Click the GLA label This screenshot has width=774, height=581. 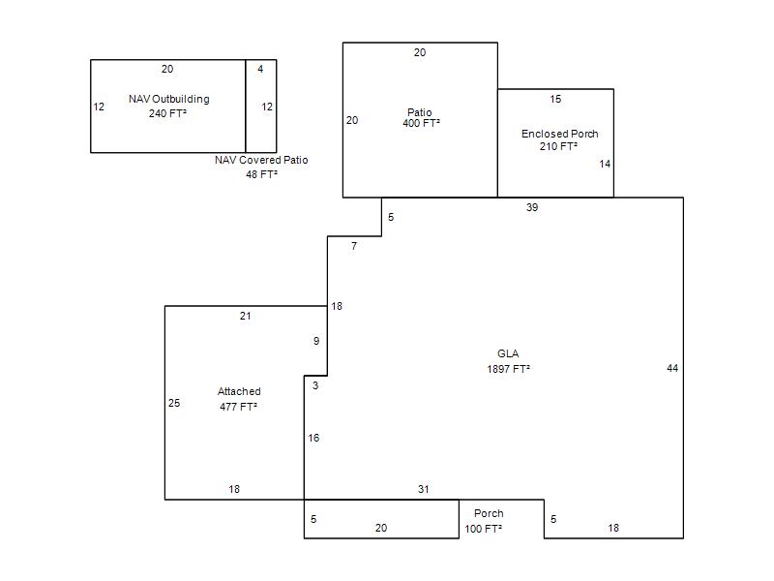coord(508,353)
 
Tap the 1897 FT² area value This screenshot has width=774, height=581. coord(509,369)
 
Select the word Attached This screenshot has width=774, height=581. coord(239,391)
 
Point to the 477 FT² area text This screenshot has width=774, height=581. coord(238,407)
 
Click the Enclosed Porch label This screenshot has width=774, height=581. coord(560,134)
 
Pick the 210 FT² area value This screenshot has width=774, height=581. coord(558,146)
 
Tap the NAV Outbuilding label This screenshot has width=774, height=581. coord(168,99)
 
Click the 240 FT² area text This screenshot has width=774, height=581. coord(167,113)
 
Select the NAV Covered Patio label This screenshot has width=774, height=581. coord(261,160)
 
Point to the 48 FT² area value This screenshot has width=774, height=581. coord(261,174)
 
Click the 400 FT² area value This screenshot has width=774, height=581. coord(421,124)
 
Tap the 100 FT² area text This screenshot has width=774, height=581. coord(483,529)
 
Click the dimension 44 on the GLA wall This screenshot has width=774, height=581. coord(672,368)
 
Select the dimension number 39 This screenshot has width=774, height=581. coord(531,207)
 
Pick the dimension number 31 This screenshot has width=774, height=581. coord(423,489)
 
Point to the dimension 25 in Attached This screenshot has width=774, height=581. coord(174,403)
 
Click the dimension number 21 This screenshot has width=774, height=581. coord(246,317)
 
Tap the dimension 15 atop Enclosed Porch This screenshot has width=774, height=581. coord(555,100)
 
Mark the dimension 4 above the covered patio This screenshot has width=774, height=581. coord(260,69)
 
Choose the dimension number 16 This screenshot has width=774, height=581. coord(313,438)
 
